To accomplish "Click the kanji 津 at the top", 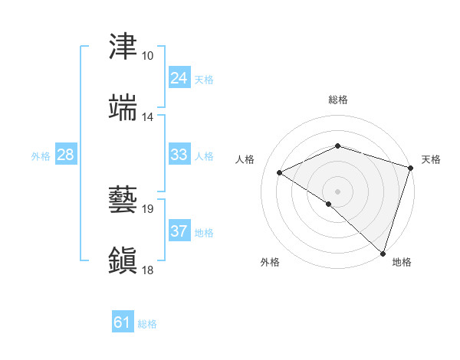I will pos(124,47).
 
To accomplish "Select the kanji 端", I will pos(124,108).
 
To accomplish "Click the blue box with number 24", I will pos(179,78).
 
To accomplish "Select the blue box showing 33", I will pos(179,155).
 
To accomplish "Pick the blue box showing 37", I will pos(179,231).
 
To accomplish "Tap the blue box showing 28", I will pos(66,155).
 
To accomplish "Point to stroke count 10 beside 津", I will pos(147,56).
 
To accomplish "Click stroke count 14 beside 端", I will pos(147,117).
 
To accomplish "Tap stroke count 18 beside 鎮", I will pos(147,270).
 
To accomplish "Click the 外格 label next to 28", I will pos(41,155).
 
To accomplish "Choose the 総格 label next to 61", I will pos(147,323).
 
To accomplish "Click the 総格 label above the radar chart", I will pos(337,100).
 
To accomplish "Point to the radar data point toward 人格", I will pos(280,173).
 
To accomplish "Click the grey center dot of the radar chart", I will pos(337,191).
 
